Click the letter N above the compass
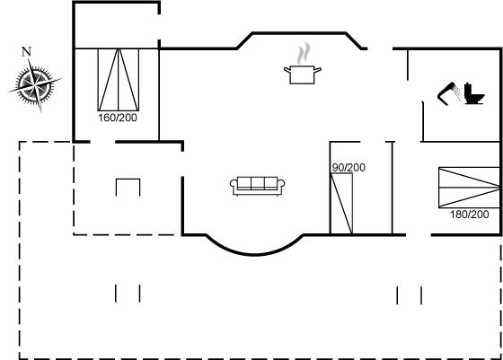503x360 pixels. (26, 51)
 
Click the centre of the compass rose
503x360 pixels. (34, 84)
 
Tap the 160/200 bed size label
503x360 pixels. (118, 118)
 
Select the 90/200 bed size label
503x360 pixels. (349, 167)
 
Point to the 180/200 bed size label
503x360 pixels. (469, 215)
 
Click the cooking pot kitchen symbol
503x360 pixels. (302, 75)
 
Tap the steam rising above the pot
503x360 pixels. (304, 53)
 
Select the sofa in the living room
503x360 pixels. (257, 186)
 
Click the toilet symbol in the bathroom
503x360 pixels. (473, 93)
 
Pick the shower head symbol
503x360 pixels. (448, 93)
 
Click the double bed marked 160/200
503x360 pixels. (119, 80)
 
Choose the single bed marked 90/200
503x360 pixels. (341, 204)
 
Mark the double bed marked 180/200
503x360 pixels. (469, 188)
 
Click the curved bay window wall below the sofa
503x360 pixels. (254, 254)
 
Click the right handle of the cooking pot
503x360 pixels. (317, 69)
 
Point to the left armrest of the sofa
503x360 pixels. (234, 184)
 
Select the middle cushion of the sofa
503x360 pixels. (257, 183)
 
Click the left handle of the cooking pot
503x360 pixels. (287, 69)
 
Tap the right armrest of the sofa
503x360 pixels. (281, 184)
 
